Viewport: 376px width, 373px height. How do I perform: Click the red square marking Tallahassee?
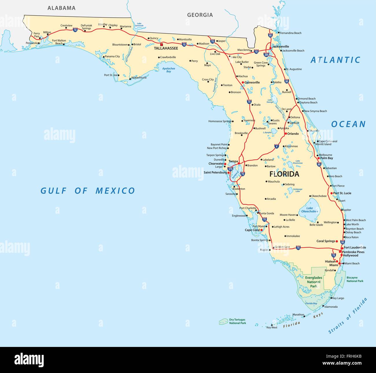click(x=162, y=45)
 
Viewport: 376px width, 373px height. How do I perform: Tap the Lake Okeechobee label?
click(x=309, y=210)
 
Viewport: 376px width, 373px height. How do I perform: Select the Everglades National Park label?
click(x=314, y=282)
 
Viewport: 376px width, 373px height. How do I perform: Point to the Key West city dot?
click(x=272, y=325)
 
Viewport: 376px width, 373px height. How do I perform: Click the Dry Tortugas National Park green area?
click(x=223, y=321)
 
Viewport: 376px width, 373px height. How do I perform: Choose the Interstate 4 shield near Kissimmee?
click(x=277, y=147)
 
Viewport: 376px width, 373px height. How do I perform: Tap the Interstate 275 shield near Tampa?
click(x=230, y=169)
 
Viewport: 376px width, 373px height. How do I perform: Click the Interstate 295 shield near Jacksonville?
click(x=266, y=54)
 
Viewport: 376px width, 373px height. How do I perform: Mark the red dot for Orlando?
click(x=285, y=134)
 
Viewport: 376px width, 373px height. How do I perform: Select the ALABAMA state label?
click(x=61, y=8)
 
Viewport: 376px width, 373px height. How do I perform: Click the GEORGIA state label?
click(x=200, y=15)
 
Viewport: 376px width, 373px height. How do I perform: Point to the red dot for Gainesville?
click(x=243, y=83)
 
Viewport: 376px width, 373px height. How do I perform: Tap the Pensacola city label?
click(x=32, y=43)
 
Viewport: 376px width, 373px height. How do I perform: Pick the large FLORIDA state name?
click(x=284, y=174)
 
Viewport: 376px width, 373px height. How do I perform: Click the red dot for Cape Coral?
click(x=261, y=230)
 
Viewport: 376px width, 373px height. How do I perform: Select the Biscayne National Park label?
click(x=355, y=279)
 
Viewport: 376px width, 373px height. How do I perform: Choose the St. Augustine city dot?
click(x=285, y=69)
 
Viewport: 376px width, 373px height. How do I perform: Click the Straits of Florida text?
click(x=348, y=316)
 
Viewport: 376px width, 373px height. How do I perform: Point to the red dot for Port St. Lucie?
click(x=331, y=193)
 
